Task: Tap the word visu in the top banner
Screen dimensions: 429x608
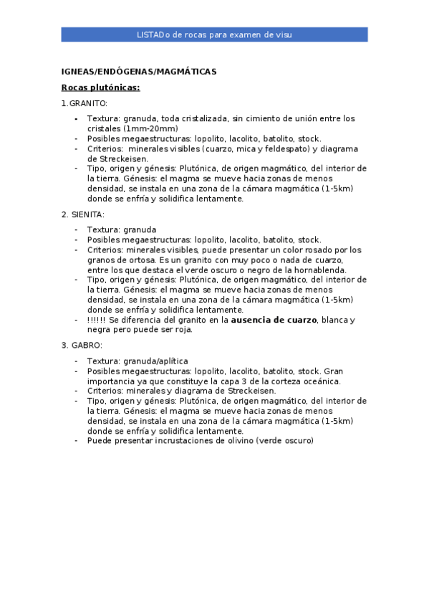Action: (x=284, y=34)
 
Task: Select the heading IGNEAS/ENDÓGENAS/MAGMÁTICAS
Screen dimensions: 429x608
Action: (x=138, y=72)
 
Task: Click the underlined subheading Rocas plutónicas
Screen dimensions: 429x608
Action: (x=100, y=87)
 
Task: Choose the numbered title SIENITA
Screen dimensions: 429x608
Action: (x=87, y=214)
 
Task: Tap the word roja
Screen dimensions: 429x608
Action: (x=184, y=330)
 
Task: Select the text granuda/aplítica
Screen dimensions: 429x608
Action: (x=155, y=361)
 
